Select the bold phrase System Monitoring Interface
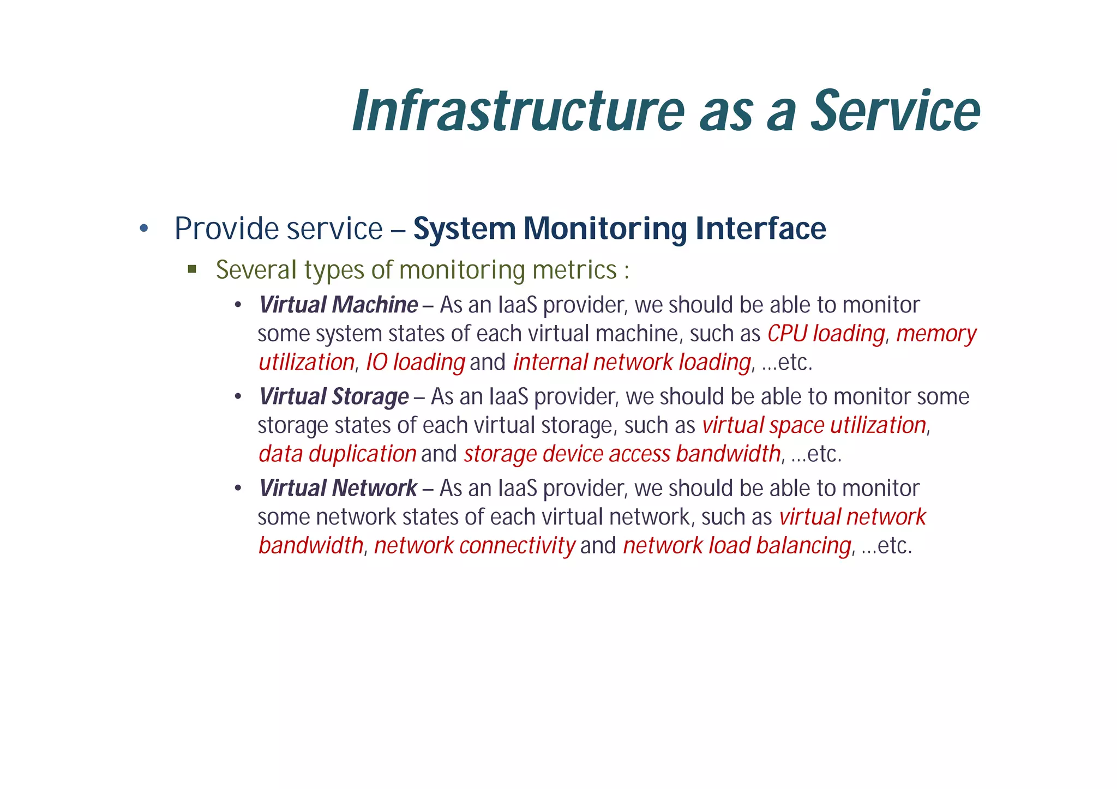click(620, 228)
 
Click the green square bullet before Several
click(192, 269)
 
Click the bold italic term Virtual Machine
click(338, 305)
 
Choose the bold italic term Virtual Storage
click(334, 396)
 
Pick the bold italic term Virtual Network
click(338, 488)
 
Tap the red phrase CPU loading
click(826, 334)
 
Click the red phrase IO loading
click(415, 362)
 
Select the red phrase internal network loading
click(632, 362)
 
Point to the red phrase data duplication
click(338, 454)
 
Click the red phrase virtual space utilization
click(814, 425)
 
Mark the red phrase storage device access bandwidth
click(622, 454)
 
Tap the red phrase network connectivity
click(475, 545)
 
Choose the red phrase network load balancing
click(737, 545)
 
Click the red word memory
click(936, 334)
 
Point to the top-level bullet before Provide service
click(144, 228)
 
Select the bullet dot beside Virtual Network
click(238, 489)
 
